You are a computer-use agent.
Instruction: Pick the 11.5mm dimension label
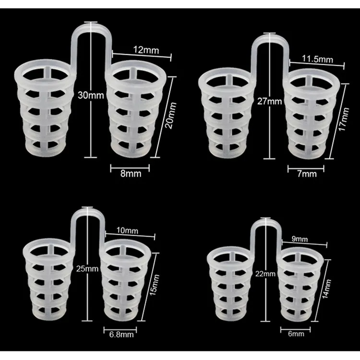click(318, 59)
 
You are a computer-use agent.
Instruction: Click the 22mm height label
click(266, 274)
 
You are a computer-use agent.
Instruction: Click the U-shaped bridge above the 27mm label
click(272, 40)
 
